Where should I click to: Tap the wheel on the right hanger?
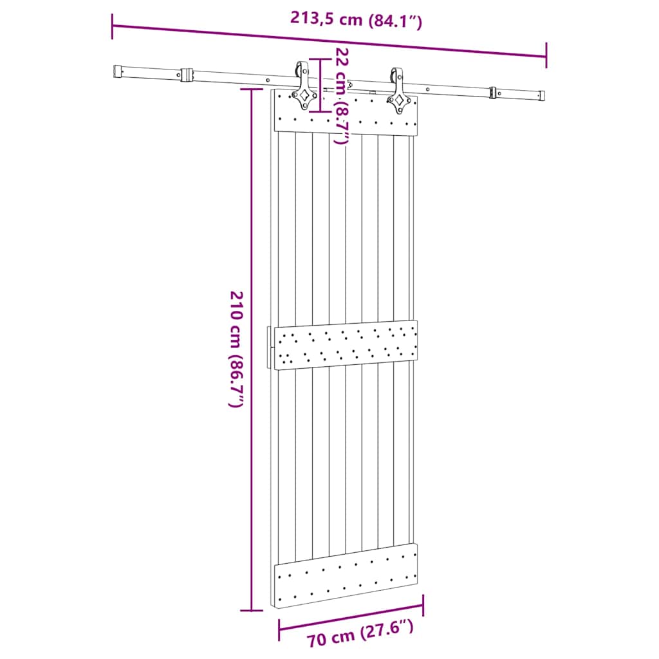click(x=395, y=74)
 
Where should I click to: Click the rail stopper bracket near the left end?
click(x=187, y=75)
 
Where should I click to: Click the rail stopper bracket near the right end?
click(x=494, y=92)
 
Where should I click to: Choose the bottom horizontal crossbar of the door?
click(x=346, y=575)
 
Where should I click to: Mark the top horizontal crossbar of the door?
click(x=346, y=114)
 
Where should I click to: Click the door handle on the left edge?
click(x=268, y=348)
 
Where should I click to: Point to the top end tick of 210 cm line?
click(x=251, y=89)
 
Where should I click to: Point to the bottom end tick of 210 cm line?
click(x=251, y=609)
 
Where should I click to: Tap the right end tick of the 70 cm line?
click(x=423, y=606)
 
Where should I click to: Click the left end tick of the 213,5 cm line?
click(x=113, y=26)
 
